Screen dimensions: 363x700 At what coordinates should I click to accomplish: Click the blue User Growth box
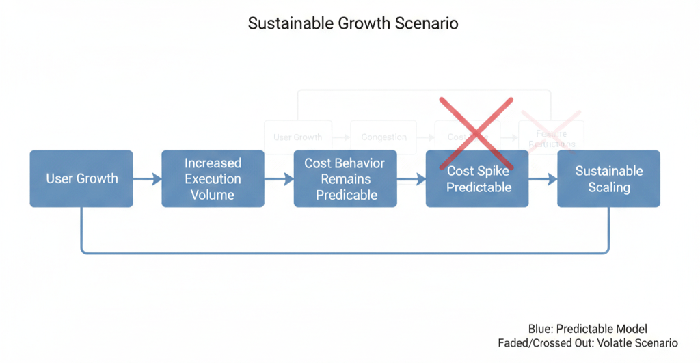tap(81, 178)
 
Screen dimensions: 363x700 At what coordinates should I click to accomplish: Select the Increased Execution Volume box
tap(213, 178)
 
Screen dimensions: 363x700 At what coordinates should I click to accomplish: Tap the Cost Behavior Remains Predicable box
tap(345, 178)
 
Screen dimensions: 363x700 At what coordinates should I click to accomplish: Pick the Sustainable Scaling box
tap(608, 178)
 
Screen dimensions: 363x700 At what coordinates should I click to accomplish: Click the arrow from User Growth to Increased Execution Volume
tap(147, 179)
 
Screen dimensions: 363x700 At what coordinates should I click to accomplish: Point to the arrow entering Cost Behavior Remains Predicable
tap(279, 179)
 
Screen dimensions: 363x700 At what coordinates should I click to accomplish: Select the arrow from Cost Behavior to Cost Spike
tap(411, 179)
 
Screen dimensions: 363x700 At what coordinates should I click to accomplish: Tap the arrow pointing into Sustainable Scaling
tap(543, 179)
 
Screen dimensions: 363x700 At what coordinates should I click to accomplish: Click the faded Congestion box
tap(383, 137)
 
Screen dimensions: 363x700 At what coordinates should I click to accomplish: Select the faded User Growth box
tap(297, 137)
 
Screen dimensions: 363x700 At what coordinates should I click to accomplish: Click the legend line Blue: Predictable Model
tap(587, 329)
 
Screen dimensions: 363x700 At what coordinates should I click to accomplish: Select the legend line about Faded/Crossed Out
tap(587, 342)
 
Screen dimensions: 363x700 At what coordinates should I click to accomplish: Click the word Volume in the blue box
tap(213, 195)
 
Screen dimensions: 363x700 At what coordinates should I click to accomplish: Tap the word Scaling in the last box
tap(608, 187)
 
